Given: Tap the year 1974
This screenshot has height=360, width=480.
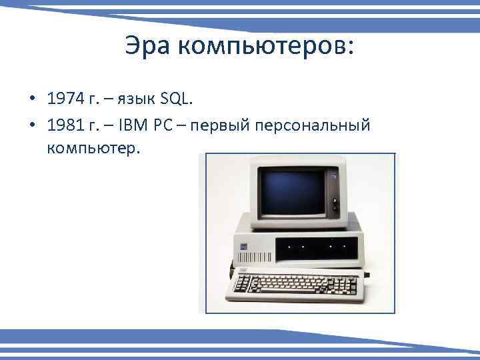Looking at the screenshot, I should tap(67, 100).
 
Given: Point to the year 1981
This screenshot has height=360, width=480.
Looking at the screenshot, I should tap(67, 127).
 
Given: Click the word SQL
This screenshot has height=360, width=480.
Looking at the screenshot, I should tap(175, 100).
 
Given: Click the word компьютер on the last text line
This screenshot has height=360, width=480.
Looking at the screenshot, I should tap(93, 147).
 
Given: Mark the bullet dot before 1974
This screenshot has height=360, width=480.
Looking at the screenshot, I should tap(32, 101).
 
